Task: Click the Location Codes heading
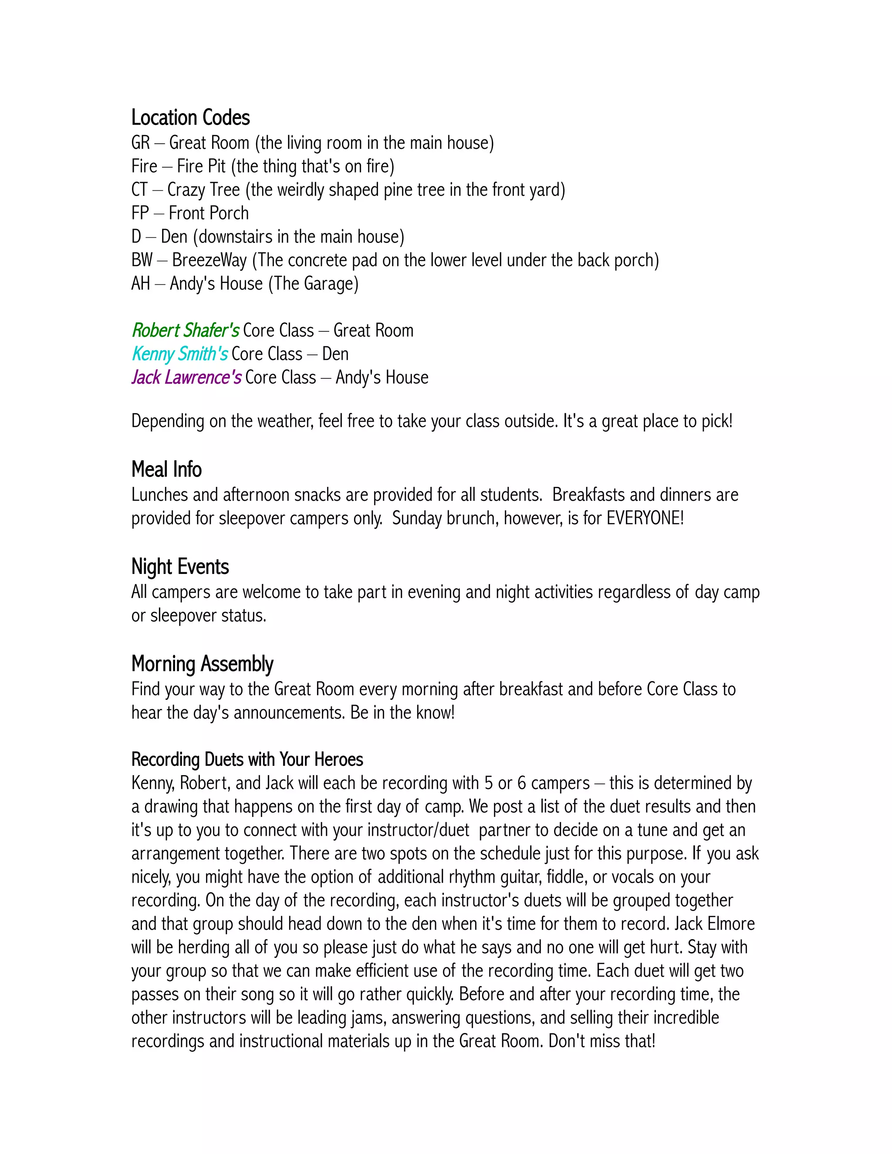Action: [x=190, y=117]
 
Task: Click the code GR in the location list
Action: [x=140, y=143]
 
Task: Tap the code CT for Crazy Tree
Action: [x=139, y=190]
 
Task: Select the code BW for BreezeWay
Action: [x=142, y=260]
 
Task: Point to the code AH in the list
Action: [x=141, y=284]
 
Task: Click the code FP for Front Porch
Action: [x=140, y=213]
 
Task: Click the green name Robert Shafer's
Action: [x=186, y=331]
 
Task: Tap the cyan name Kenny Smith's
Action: [x=180, y=354]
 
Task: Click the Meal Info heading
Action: [x=166, y=469]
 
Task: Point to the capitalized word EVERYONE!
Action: [x=645, y=518]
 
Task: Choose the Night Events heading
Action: [x=180, y=567]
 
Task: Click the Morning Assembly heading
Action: [x=202, y=664]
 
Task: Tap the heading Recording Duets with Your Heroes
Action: [x=247, y=759]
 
